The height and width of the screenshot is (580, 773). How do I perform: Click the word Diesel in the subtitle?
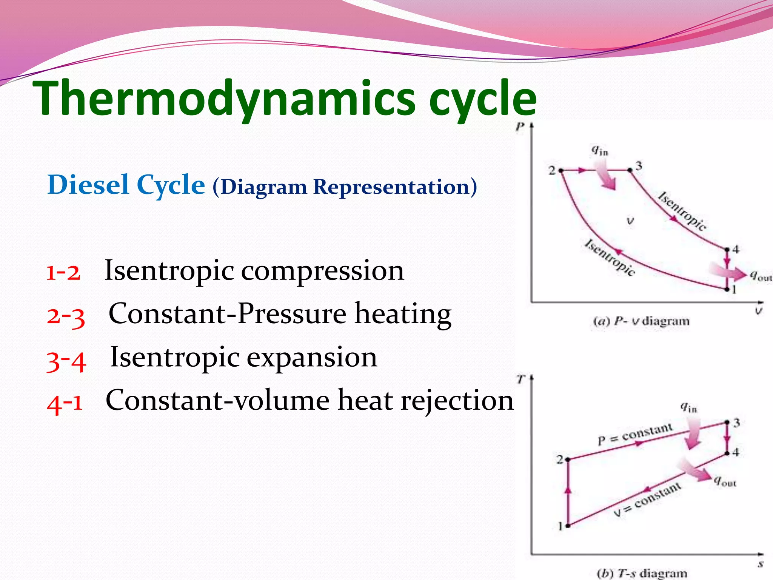coord(88,185)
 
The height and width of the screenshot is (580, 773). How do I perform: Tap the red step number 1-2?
coord(63,272)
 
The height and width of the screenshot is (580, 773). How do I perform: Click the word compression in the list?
coord(322,271)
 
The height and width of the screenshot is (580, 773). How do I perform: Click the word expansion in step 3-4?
coord(311,357)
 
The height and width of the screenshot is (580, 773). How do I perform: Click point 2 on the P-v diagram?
coord(561,171)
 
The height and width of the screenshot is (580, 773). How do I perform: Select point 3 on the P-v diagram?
coord(630,170)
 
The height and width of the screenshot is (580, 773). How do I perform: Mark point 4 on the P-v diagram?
coord(727,249)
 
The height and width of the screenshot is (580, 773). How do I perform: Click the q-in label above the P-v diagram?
coord(599,151)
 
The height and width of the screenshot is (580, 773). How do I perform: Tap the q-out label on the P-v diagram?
coord(760,276)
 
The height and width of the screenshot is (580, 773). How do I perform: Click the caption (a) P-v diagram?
coord(641,321)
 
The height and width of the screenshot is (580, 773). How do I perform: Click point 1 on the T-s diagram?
coord(568,525)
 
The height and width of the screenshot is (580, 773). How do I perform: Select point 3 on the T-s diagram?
coord(727,423)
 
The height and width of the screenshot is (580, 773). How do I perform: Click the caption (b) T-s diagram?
coord(642,573)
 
